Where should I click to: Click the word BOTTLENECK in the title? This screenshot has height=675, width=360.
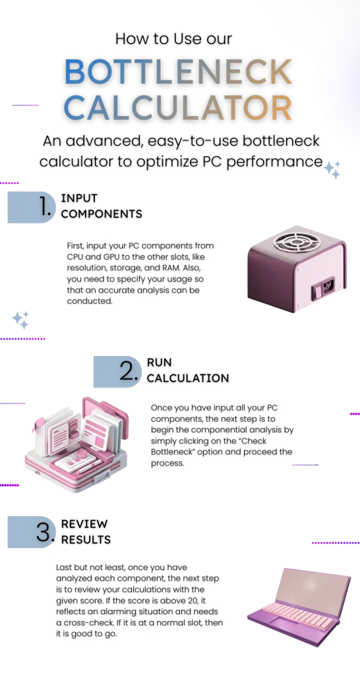pyautogui.click(x=178, y=73)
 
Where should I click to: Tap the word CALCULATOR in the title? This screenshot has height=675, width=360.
pyautogui.click(x=178, y=108)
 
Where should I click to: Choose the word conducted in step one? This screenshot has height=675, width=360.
pyautogui.click(x=90, y=301)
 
